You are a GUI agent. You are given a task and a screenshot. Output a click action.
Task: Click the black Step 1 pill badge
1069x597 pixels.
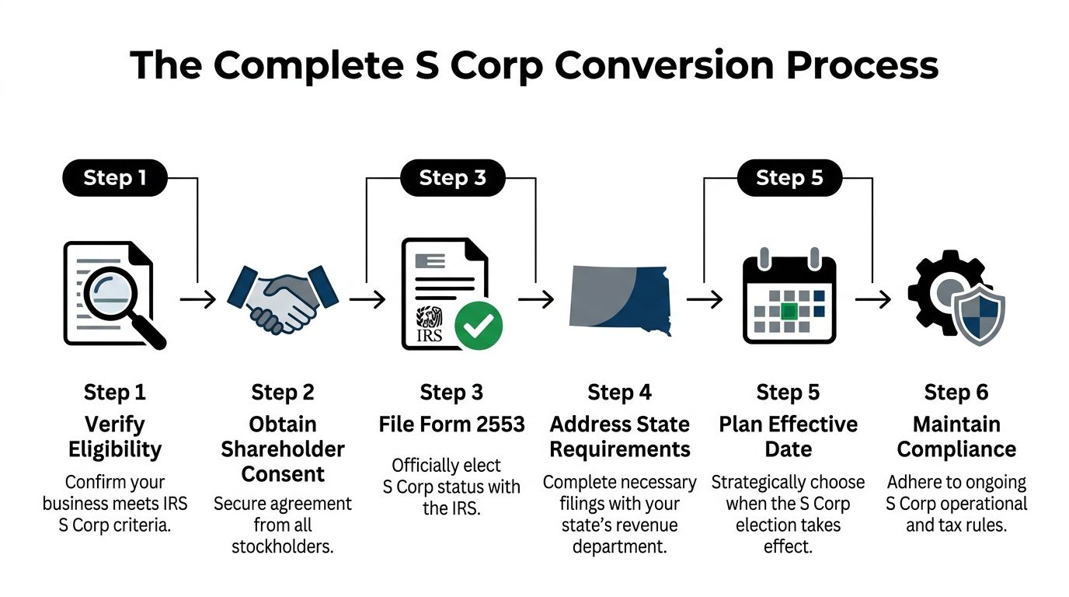pos(115,178)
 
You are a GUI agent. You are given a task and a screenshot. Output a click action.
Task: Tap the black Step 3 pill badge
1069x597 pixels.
pos(452,178)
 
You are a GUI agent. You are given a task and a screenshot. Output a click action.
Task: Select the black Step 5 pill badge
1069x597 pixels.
pos(789,178)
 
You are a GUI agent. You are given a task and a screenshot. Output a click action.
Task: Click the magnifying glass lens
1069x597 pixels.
pos(110,293)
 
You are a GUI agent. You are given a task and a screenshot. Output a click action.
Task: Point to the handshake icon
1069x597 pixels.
pos(283,299)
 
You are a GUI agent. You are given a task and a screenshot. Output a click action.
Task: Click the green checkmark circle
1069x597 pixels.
pos(479,326)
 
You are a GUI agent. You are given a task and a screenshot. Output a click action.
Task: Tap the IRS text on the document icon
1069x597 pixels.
pos(430,335)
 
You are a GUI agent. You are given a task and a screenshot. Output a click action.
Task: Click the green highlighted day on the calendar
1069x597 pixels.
pos(789,312)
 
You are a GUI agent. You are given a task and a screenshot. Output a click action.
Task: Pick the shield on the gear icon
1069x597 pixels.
pos(978,315)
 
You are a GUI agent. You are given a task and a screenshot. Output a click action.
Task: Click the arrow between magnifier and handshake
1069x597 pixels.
pos(198,299)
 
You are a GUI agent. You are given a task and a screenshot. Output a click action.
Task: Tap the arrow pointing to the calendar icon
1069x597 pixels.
pos(705,299)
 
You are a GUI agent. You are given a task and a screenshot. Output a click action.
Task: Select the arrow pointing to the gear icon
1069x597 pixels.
pos(873,299)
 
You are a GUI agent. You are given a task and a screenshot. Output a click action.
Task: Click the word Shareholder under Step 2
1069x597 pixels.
pos(283,449)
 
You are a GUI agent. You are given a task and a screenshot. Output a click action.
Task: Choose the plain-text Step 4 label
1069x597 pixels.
pos(619,393)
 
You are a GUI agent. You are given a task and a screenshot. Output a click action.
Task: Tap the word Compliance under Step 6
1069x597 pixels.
pos(956,450)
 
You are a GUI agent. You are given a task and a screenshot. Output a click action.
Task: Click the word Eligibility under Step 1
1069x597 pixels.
pos(115,450)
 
